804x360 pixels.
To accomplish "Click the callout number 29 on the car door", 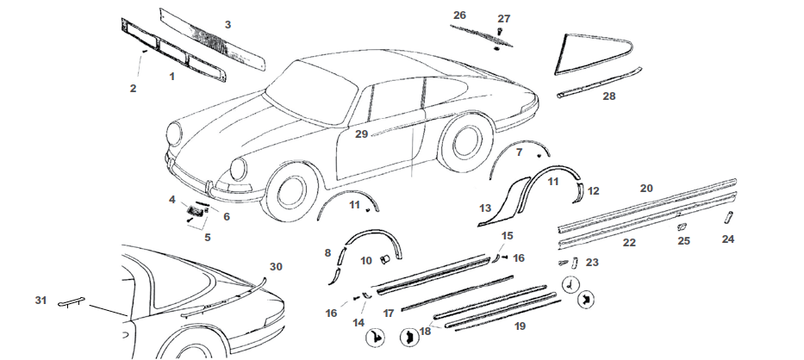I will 361,133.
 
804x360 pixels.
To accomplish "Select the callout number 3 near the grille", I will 227,24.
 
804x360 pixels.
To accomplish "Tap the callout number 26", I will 459,16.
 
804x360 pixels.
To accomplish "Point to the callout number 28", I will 608,96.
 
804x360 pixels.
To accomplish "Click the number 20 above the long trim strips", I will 646,187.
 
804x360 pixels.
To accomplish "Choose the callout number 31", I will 41,300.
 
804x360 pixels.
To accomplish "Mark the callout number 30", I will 276,266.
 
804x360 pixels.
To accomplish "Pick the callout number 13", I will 485,208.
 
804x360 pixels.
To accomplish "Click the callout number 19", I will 519,326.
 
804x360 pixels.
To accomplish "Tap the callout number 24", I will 728,239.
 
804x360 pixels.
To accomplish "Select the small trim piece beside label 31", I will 71,303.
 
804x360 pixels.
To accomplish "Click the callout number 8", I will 327,252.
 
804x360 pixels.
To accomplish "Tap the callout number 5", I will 207,237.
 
